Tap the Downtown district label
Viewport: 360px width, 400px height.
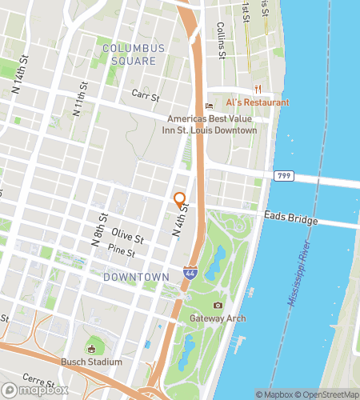[136, 277]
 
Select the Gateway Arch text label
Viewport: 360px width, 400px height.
[218, 318]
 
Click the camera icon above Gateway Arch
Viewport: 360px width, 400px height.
[218, 306]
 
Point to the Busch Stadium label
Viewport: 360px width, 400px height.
[91, 362]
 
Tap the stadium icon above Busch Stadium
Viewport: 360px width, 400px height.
[91, 349]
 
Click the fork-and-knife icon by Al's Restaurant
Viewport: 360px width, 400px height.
[257, 89]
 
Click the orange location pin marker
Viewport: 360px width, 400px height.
[180, 200]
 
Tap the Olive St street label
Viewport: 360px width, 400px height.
[128, 238]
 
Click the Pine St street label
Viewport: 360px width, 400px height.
[122, 250]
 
